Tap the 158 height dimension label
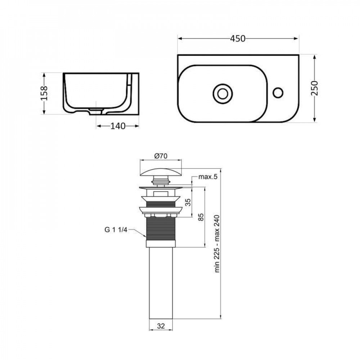44,94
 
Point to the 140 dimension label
118,126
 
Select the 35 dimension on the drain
187,202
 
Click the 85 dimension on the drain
201,217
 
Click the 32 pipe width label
161,326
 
